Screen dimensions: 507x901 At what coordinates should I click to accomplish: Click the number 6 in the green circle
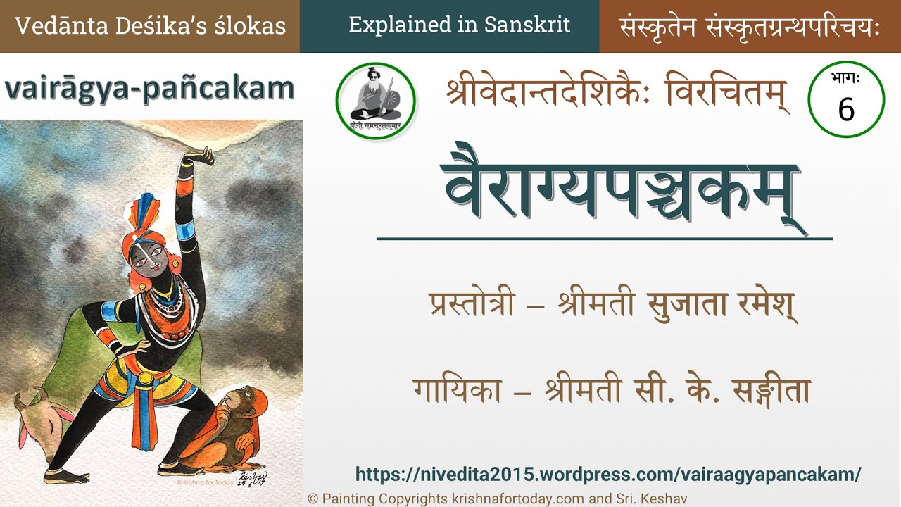[x=846, y=109]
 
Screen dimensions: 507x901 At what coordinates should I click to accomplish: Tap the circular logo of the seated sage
[x=375, y=101]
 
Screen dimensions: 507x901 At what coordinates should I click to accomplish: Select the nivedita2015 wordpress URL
[x=608, y=474]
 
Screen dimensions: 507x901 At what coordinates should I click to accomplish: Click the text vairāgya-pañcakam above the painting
[x=149, y=89]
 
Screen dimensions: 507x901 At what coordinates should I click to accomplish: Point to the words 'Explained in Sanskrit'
[x=459, y=26]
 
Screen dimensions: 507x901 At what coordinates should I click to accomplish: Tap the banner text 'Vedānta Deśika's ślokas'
[x=150, y=26]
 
